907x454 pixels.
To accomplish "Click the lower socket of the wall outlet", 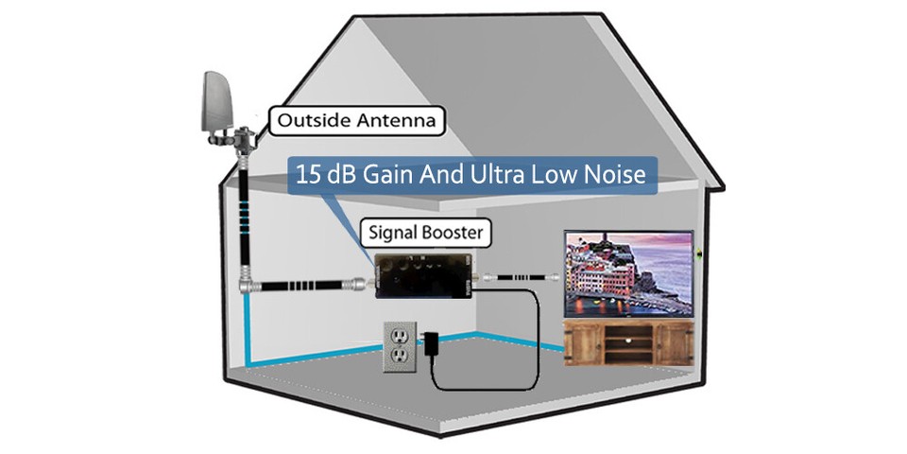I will coord(400,358).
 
